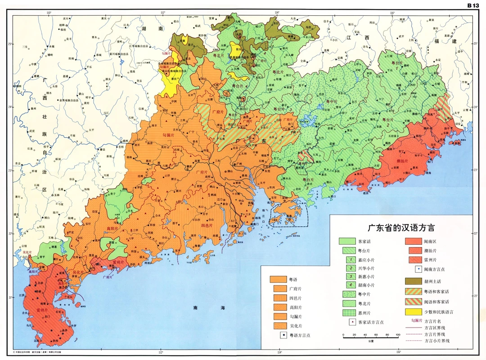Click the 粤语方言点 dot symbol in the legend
(283, 335)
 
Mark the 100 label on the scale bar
(398, 335)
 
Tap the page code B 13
(473, 5)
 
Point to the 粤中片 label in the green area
(331, 102)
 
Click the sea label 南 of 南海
(195, 308)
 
